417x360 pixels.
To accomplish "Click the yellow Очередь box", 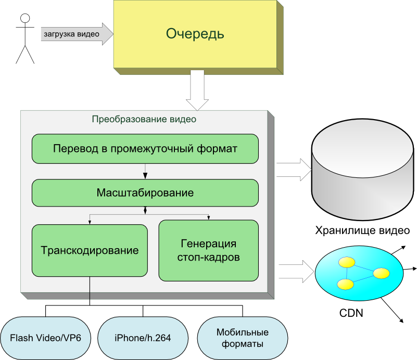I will (195, 34).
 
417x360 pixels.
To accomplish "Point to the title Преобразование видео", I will (144, 119).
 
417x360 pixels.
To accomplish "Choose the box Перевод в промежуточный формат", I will (145, 149).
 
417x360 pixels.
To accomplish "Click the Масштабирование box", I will (145, 193).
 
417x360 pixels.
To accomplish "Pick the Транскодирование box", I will (90, 250).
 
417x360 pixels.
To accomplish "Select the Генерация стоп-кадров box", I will (208, 250).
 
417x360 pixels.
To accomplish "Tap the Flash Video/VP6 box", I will (45, 338).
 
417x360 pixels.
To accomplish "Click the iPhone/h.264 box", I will (143, 338).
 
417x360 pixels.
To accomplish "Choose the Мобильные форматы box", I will (242, 338).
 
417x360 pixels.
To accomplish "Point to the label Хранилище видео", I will (362, 230).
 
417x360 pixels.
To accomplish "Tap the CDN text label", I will (351, 313).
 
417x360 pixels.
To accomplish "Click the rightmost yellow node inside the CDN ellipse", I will (381, 273).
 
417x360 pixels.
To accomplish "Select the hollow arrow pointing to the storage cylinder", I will (294, 170).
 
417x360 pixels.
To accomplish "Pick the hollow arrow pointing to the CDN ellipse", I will (297, 271).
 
